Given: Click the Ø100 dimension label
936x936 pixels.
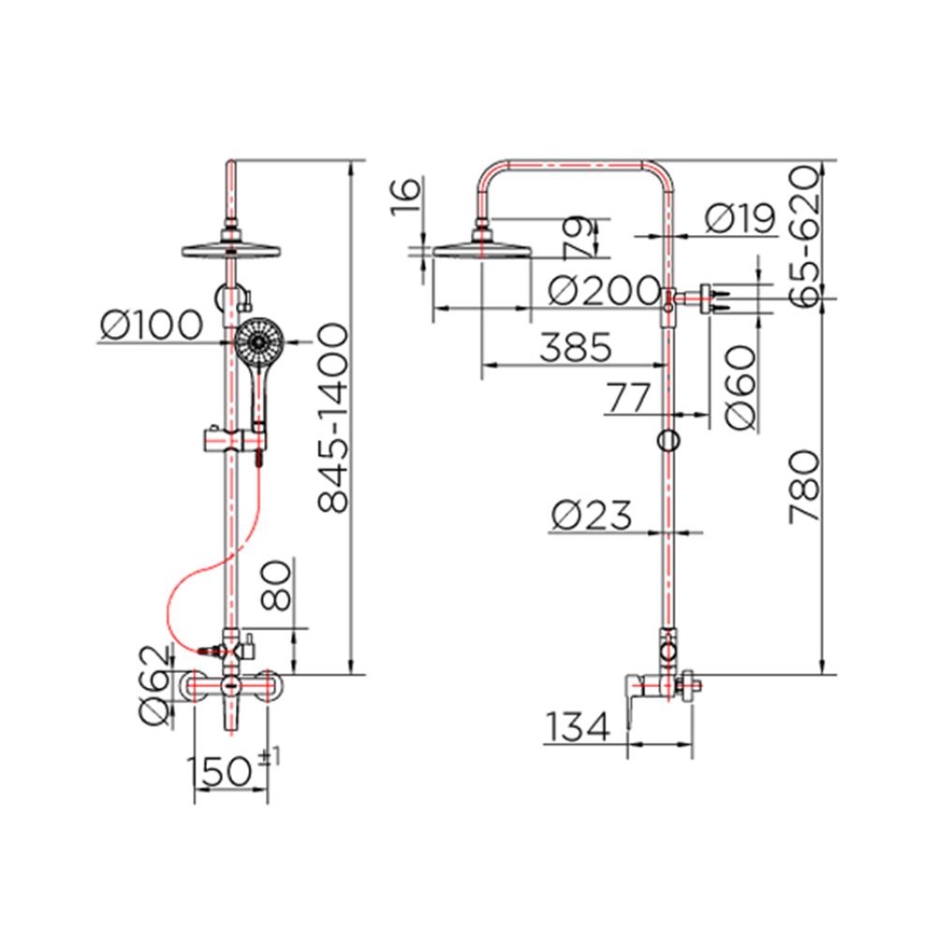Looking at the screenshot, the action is pos(152,326).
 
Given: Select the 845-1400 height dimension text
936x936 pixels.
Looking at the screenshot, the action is pos(332,417).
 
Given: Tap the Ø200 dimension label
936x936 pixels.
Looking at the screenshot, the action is pos(604,291).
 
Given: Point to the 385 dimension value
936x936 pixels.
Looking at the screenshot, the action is pos(576,347).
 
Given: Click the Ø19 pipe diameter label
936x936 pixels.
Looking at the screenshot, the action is pos(740,218).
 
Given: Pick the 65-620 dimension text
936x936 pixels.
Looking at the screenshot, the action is pos(803,236).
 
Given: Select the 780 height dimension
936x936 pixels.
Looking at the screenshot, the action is pos(803,487).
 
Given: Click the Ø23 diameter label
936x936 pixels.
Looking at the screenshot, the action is pos(591,515).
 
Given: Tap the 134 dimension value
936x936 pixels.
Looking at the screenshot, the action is pos(578,726).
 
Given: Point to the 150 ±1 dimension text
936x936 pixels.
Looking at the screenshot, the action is pos(233,768).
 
